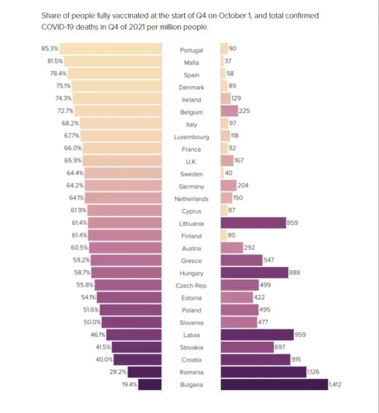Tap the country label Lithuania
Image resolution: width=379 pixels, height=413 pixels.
(x=191, y=223)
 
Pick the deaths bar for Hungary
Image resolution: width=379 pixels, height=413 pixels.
(x=254, y=273)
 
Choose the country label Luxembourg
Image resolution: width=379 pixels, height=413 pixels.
(x=191, y=137)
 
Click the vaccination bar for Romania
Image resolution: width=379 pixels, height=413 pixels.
(x=144, y=372)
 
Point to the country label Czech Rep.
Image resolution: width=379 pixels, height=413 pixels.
(x=191, y=286)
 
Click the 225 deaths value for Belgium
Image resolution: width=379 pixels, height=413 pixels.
(x=246, y=112)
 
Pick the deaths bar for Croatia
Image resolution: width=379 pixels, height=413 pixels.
(x=255, y=360)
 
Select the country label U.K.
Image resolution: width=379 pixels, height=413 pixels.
(x=191, y=162)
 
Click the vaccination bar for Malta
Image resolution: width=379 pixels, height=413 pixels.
(x=113, y=62)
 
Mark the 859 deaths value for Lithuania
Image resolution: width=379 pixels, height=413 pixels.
(x=293, y=223)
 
